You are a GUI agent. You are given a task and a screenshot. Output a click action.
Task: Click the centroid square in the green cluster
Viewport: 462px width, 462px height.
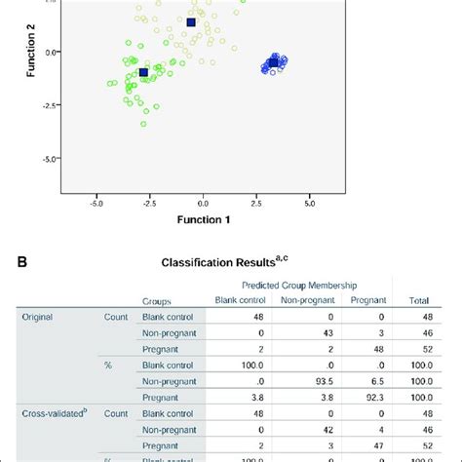[144, 72]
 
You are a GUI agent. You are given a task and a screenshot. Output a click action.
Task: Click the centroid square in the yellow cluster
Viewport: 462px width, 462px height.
[191, 22]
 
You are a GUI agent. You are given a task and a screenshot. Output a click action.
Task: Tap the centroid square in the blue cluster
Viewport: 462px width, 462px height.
[273, 62]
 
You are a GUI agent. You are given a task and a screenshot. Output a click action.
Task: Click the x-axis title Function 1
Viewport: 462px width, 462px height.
[203, 220]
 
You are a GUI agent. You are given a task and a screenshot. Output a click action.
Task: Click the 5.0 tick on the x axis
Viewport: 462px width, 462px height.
[309, 204]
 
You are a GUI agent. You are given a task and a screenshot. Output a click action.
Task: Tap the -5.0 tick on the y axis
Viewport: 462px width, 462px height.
[50, 158]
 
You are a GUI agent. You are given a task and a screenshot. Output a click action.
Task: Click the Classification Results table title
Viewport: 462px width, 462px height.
[230, 263]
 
